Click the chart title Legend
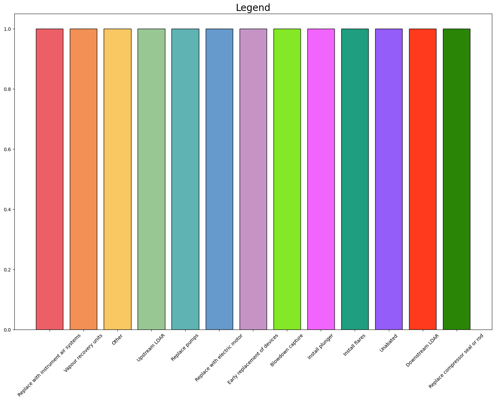[253, 8]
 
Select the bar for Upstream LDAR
[151, 179]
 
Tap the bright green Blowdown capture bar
[287, 179]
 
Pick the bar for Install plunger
[321, 179]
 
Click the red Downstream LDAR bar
[423, 179]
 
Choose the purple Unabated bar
[389, 179]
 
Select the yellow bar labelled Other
[117, 179]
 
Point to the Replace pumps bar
[185, 179]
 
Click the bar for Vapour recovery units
[84, 179]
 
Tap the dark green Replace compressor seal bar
[457, 179]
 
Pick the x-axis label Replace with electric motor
[219, 358]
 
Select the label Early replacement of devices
[253, 359]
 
